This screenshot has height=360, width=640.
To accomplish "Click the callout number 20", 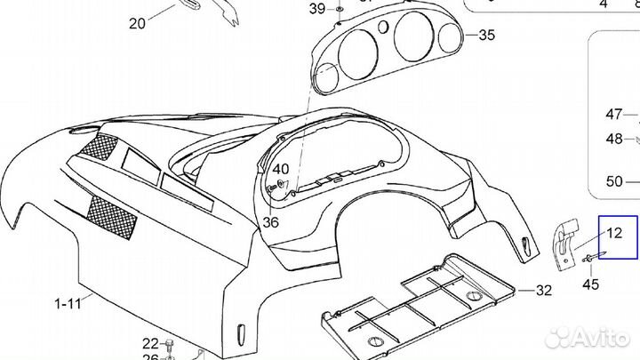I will [137, 24].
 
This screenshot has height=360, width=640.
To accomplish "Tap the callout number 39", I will [317, 9].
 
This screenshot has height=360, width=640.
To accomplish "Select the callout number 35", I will [485, 36].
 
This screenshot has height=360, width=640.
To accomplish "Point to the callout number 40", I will [281, 168].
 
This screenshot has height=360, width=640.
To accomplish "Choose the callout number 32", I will [544, 291].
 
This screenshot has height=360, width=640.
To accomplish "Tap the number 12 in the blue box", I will [615, 235].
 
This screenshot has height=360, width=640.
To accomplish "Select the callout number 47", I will [614, 114].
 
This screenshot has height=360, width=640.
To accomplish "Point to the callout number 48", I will [614, 138].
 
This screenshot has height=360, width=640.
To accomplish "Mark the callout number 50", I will [614, 181].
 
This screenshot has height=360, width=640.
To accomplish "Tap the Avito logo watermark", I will [586, 337].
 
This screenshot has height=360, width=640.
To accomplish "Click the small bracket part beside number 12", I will [564, 242].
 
